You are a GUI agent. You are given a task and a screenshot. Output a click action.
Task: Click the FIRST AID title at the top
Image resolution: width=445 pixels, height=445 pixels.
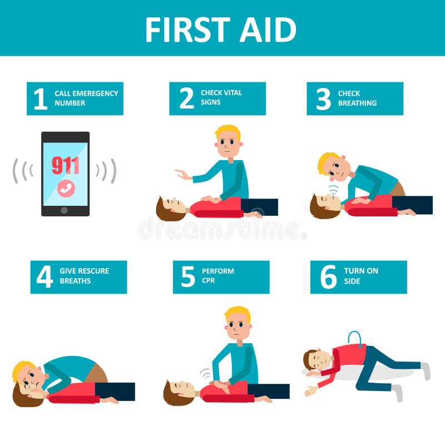point(221,29)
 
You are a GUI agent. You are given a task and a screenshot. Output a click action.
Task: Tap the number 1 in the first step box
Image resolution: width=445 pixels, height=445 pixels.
point(41,99)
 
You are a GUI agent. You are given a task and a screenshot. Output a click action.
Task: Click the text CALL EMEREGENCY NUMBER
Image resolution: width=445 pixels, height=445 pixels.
point(86,98)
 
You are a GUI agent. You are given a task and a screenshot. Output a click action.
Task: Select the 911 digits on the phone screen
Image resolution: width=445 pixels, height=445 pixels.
point(66,165)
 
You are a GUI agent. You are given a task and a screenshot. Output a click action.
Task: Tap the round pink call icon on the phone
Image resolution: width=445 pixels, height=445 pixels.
point(66,189)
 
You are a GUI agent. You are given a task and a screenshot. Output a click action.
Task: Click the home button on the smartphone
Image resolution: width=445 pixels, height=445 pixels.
point(65,210)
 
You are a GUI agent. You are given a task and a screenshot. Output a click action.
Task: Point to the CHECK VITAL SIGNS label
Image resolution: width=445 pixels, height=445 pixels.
point(221,98)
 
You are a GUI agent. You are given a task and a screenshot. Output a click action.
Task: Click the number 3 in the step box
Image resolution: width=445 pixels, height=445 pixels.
point(323,99)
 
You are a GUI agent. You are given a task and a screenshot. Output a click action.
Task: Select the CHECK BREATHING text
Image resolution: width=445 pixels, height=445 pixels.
point(357,98)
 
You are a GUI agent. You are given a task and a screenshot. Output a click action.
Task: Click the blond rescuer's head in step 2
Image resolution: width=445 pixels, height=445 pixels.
point(228,142)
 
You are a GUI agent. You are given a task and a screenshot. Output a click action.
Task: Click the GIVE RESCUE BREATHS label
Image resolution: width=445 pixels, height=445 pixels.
point(84,276)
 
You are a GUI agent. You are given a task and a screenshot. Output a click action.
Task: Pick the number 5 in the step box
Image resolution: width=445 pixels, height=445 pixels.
point(188,277)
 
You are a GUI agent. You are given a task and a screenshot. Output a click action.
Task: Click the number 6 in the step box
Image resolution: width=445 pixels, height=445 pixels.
point(328,277)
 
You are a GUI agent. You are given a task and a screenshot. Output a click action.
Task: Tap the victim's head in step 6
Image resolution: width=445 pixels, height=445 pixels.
point(314,360)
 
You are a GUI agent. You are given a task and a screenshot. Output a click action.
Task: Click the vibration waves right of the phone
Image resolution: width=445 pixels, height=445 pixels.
point(106,170)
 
